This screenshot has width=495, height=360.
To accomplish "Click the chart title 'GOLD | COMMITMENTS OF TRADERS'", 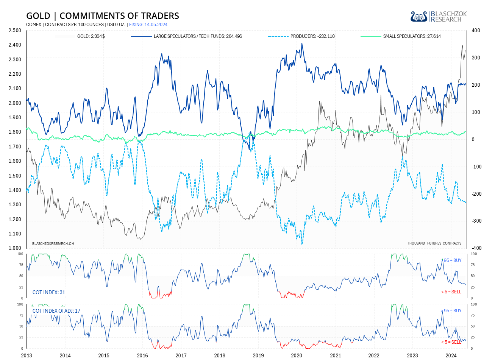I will point(102,16).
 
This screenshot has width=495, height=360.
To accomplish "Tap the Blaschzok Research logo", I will point(439,16).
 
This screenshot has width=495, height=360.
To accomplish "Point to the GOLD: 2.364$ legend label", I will point(91,36).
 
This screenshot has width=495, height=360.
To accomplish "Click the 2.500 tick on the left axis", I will point(14,30).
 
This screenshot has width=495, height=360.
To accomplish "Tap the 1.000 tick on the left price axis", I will point(14,248).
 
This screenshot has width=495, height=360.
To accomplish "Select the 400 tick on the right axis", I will point(476,30).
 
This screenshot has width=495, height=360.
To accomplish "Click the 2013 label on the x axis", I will point(27,355).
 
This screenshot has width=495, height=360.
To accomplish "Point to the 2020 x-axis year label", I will point(297,355).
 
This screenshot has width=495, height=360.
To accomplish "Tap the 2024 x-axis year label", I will point(451,355).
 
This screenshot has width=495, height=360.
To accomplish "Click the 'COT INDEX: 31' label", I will point(49,292).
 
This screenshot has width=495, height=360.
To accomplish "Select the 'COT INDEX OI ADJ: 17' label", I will point(56,311).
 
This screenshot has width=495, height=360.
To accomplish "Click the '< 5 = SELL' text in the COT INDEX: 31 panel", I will point(451,292).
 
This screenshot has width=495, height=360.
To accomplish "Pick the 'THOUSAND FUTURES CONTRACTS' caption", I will point(434,243).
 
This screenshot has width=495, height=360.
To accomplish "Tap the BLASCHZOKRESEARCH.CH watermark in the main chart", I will point(53,243).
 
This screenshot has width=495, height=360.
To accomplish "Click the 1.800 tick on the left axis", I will point(14,132).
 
